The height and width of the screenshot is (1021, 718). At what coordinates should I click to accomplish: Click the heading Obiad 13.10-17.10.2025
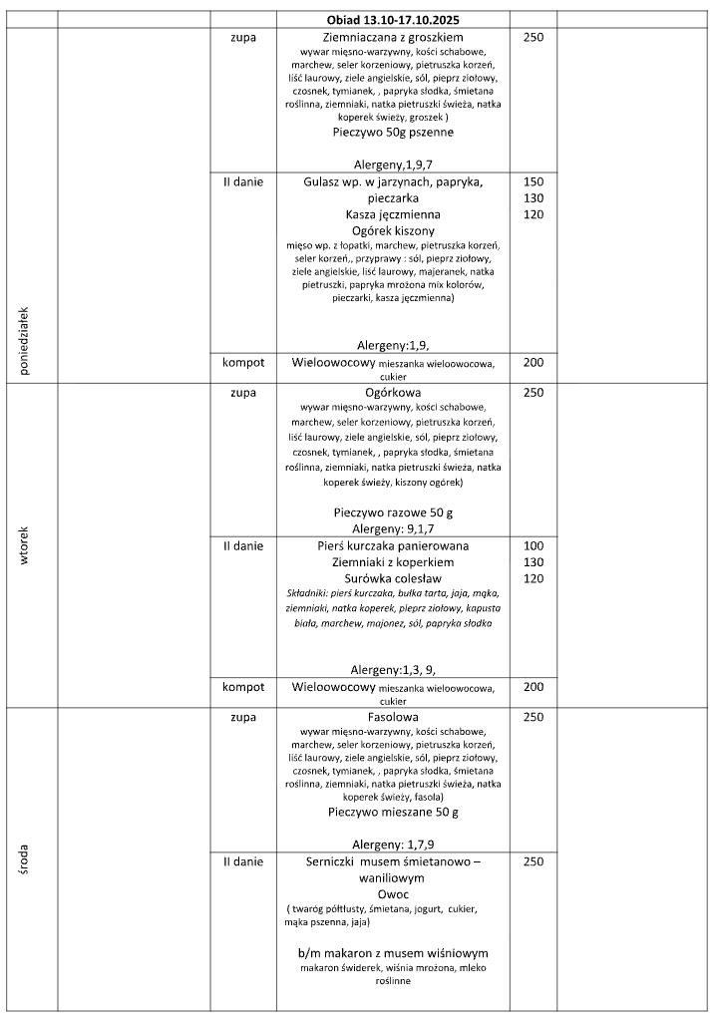tap(392, 19)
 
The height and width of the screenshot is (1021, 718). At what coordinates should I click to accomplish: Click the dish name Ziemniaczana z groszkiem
tap(393, 37)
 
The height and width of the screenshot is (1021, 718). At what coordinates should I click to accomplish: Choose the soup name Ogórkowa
tap(393, 393)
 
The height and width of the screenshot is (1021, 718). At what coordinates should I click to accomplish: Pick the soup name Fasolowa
tap(393, 717)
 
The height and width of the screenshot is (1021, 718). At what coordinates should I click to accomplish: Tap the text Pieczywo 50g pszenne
tap(393, 132)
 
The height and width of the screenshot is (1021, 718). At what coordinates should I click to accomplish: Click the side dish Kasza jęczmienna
tap(393, 214)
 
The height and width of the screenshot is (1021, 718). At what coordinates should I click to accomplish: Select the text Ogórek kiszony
tap(393, 230)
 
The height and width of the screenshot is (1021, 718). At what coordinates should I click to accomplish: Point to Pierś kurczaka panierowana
tap(393, 546)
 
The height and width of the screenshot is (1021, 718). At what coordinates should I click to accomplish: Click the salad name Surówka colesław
tap(393, 578)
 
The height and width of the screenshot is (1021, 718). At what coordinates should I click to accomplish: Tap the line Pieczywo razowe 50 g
tap(393, 512)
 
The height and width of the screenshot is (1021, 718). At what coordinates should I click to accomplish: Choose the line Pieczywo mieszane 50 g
tap(393, 813)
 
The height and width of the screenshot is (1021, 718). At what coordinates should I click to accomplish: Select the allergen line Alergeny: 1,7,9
tap(393, 845)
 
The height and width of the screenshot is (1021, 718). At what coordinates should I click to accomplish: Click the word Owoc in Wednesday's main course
tap(393, 894)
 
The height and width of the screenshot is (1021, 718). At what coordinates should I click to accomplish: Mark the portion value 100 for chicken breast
tap(534, 546)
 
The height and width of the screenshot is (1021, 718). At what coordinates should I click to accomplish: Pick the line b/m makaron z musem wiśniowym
tap(393, 953)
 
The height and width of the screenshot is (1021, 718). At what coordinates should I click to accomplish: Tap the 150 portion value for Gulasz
tap(534, 182)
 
